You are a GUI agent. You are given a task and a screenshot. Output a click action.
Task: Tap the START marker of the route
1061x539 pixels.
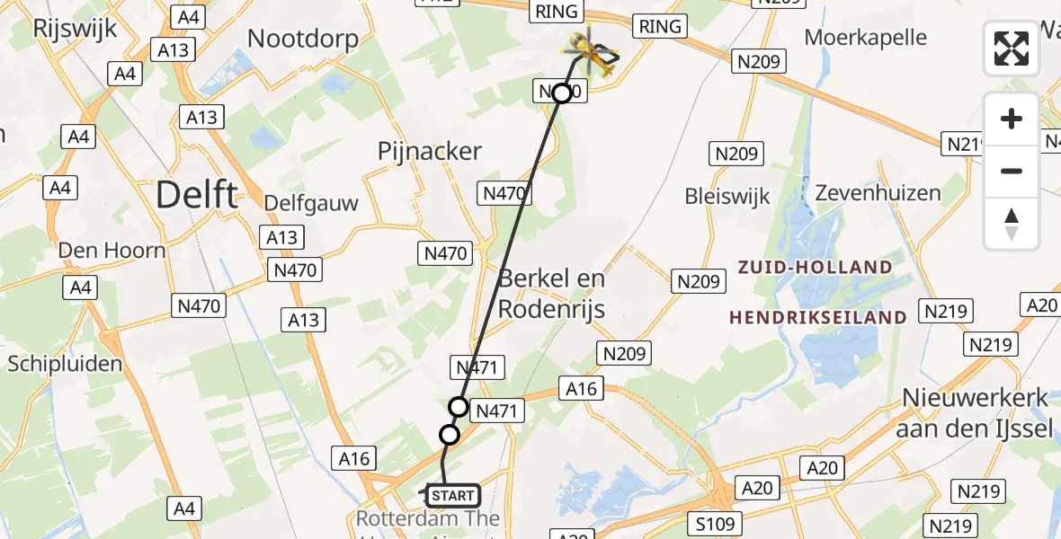pyautogui.click(x=452, y=495)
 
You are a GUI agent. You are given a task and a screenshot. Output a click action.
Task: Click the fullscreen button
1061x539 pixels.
pyautogui.click(x=1012, y=49)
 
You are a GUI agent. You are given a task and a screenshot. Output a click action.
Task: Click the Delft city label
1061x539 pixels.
pyautogui.click(x=197, y=194)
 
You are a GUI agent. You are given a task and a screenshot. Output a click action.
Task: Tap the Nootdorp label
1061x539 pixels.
pyautogui.click(x=303, y=39)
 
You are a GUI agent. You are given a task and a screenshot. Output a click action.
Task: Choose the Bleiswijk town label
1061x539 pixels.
pyautogui.click(x=727, y=196)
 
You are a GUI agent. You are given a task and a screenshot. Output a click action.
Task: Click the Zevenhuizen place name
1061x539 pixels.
pyautogui.click(x=878, y=193)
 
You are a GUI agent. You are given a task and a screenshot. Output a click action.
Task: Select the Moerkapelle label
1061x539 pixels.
pyautogui.click(x=866, y=38)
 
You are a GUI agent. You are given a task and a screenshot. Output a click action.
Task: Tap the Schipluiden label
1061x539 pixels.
pyautogui.click(x=65, y=364)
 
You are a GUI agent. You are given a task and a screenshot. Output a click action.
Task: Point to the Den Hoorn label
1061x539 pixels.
pyautogui.click(x=112, y=250)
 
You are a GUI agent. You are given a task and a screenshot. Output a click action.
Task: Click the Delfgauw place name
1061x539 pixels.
pyautogui.click(x=311, y=203)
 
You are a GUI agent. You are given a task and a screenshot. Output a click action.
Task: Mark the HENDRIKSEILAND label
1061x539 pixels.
pyautogui.click(x=817, y=317)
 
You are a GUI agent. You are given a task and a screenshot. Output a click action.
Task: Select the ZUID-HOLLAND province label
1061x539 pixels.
pyautogui.click(x=816, y=267)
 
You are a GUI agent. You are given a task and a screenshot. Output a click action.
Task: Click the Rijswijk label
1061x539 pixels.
pyautogui.click(x=75, y=28)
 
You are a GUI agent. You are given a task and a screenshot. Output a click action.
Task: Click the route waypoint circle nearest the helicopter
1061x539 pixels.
pyautogui.click(x=562, y=93)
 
